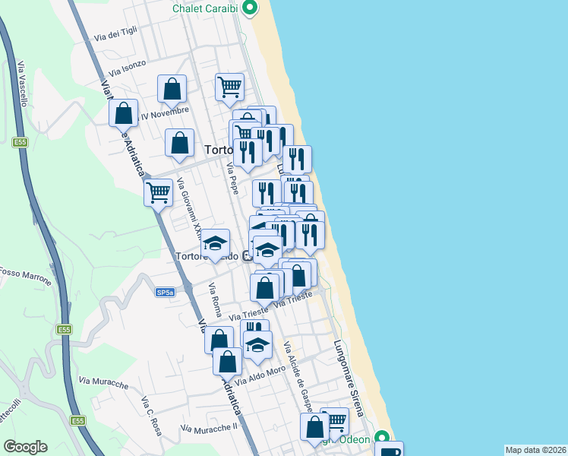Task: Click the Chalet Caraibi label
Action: point(205,8)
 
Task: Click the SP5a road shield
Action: point(165,292)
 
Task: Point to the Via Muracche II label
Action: point(210,426)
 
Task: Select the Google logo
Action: point(25,447)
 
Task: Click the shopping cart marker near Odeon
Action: point(334,420)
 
